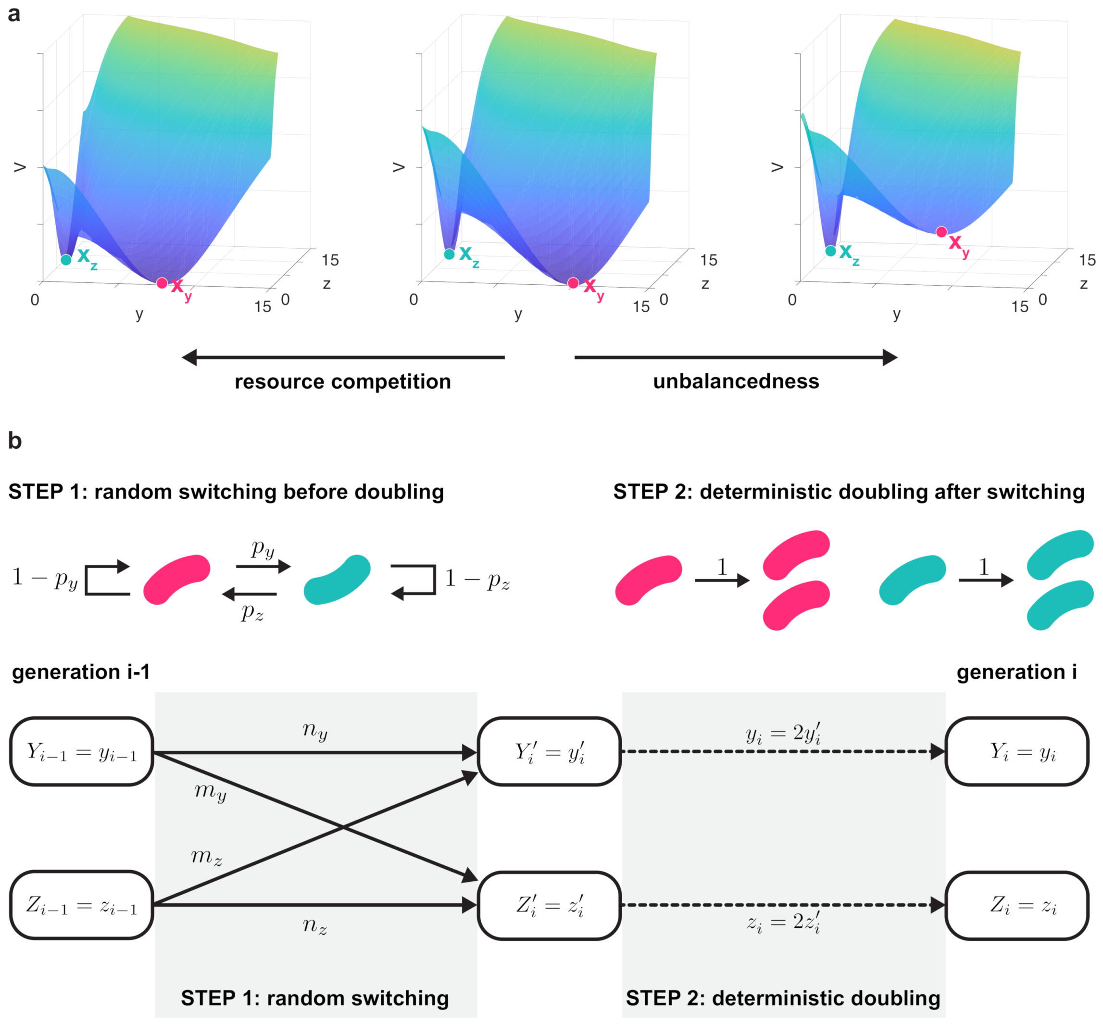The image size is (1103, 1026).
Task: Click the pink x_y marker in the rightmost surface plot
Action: click(x=941, y=232)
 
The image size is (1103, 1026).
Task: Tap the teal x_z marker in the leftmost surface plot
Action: click(x=66, y=259)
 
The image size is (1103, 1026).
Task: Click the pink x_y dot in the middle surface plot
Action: click(x=573, y=283)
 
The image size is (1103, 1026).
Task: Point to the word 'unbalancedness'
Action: click(x=736, y=381)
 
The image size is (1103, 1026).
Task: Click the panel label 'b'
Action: click(x=15, y=441)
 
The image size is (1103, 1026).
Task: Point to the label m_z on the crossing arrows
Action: click(x=206, y=857)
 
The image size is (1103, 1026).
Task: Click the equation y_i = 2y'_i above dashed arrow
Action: click(x=783, y=734)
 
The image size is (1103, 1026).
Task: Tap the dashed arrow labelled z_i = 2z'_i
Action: click(x=783, y=905)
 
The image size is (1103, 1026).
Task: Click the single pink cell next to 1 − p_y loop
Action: click(x=176, y=579)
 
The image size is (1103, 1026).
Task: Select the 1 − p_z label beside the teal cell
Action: click(x=477, y=579)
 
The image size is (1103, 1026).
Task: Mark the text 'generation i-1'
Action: click(x=81, y=672)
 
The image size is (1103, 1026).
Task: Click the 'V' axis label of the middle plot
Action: click(x=398, y=167)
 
